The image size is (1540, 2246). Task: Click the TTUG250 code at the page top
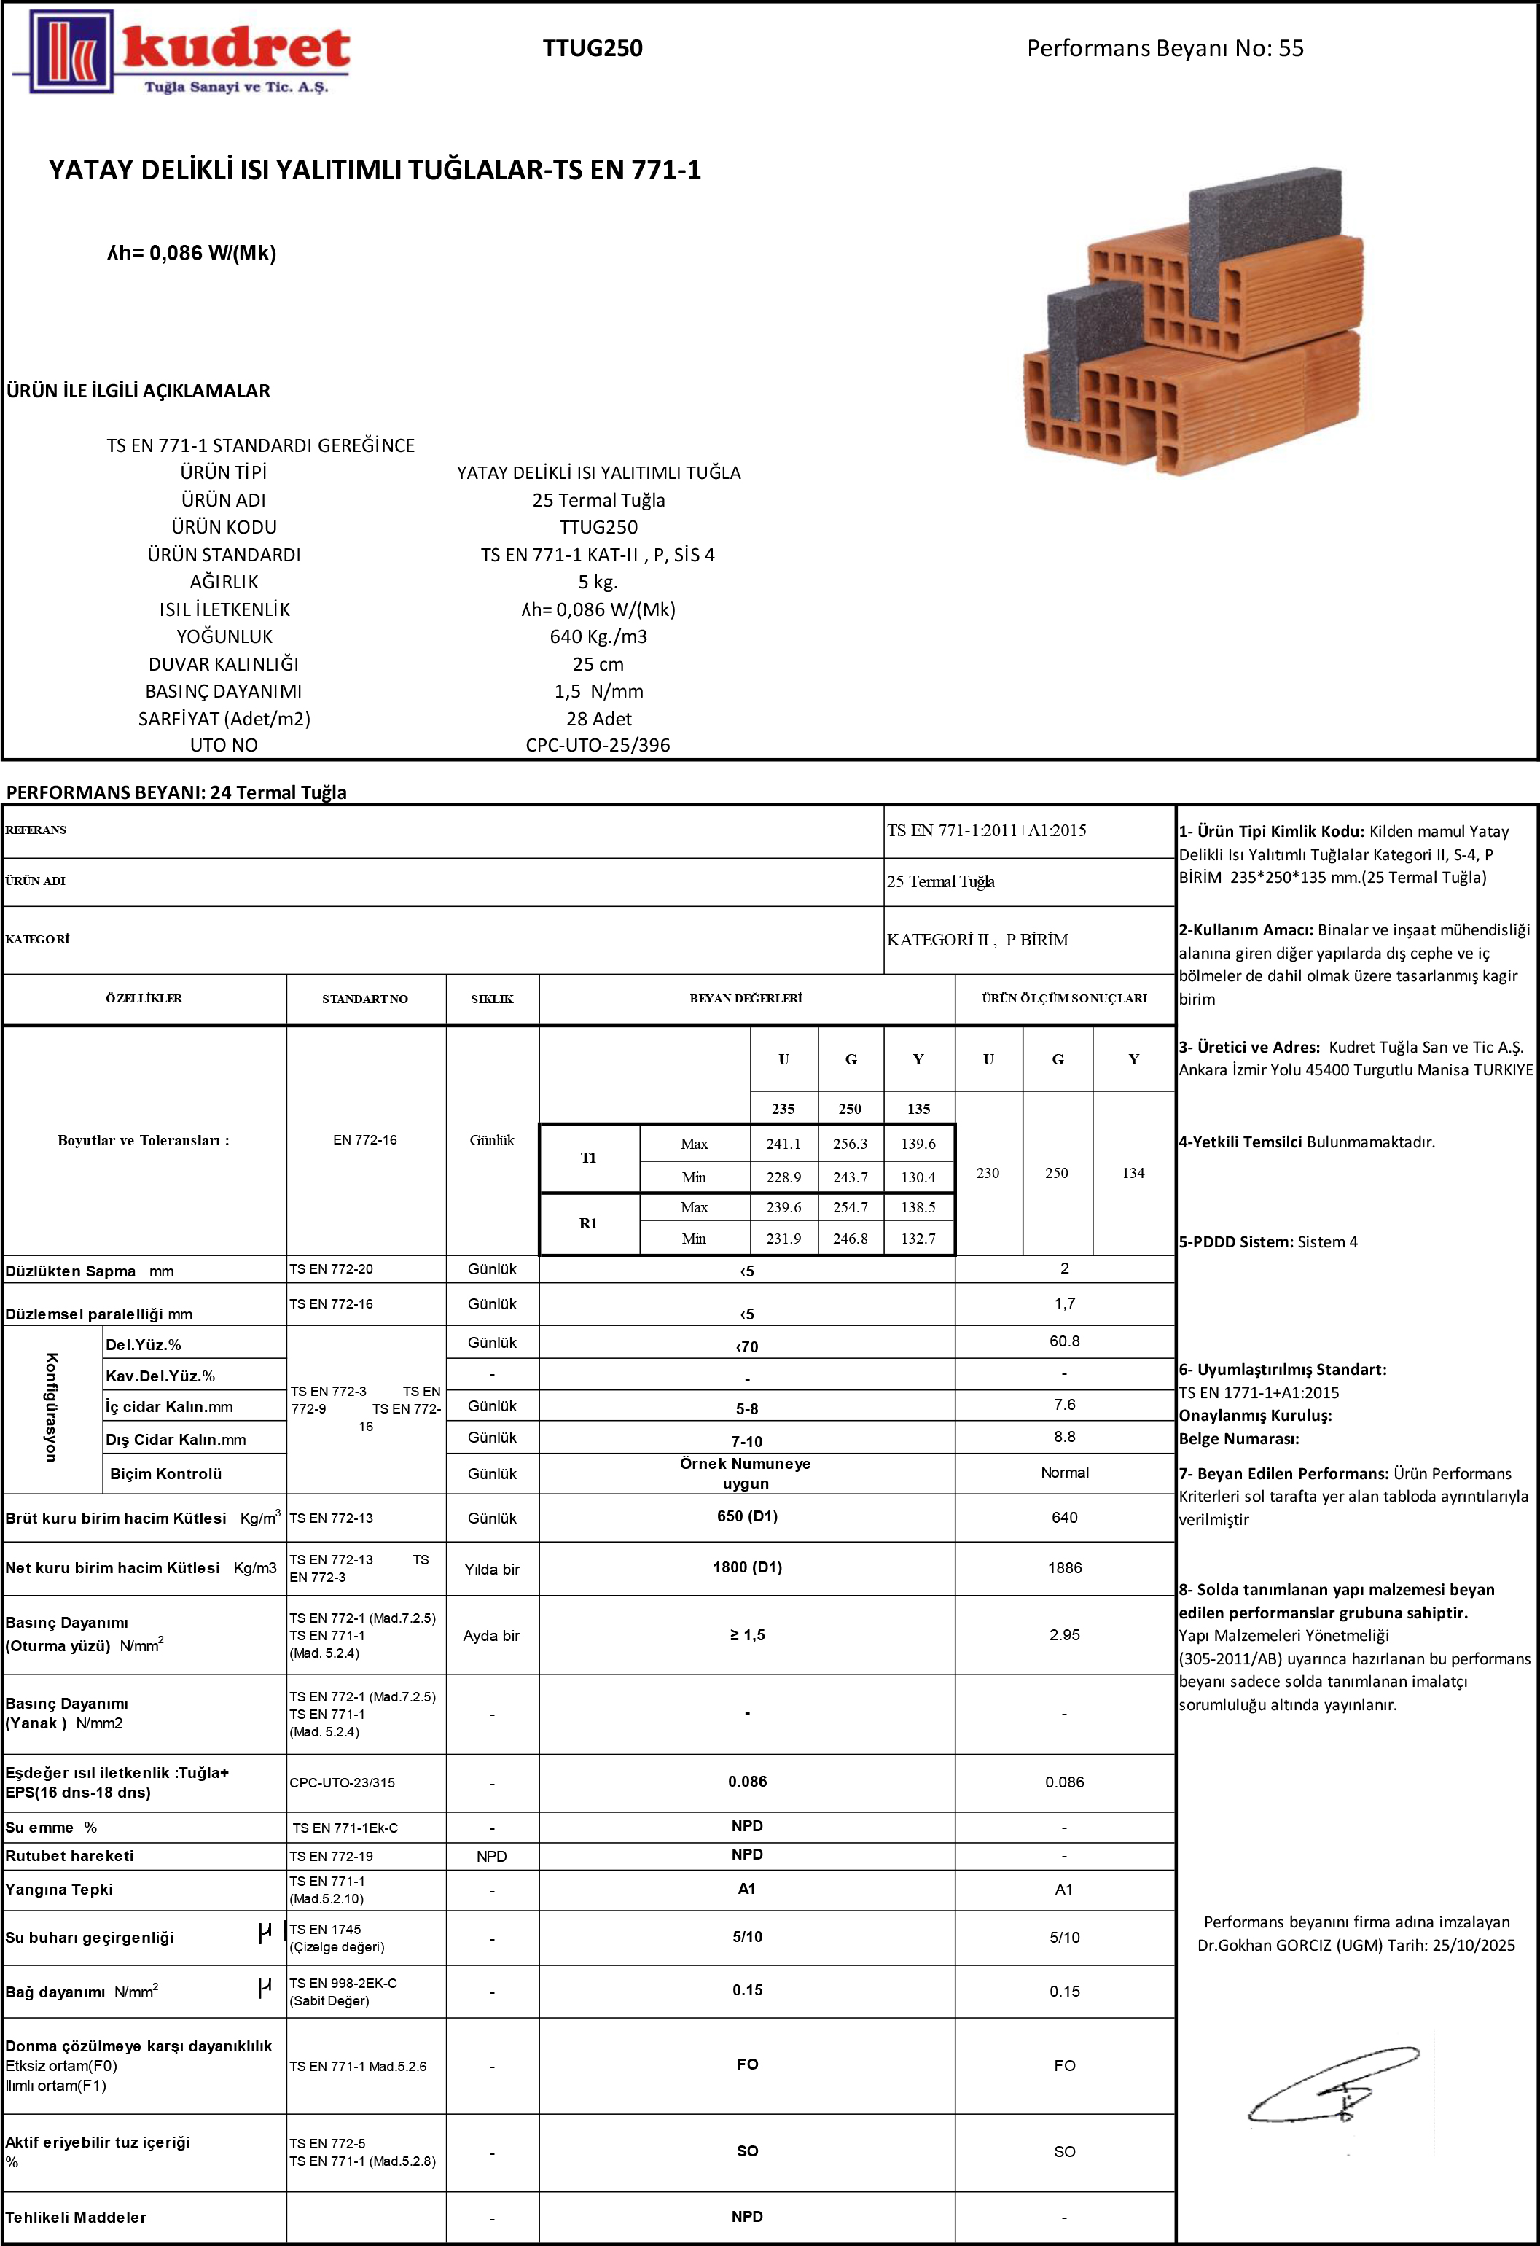coord(593,48)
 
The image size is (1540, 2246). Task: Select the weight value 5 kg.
coord(598,582)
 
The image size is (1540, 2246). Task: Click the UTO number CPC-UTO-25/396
coord(598,745)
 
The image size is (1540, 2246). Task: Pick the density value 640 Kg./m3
coord(598,637)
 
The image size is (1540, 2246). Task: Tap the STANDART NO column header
coord(365,998)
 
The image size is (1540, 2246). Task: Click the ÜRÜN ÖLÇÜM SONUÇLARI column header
coord(1065,998)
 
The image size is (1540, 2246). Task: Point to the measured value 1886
coord(1065,1567)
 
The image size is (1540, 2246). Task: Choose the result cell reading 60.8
coord(1065,1341)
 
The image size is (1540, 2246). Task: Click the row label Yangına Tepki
coord(59,1890)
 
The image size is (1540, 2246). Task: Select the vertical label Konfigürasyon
coord(51,1407)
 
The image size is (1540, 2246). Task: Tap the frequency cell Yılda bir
coord(492,1570)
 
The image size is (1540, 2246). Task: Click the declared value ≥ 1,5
coord(747,1635)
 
